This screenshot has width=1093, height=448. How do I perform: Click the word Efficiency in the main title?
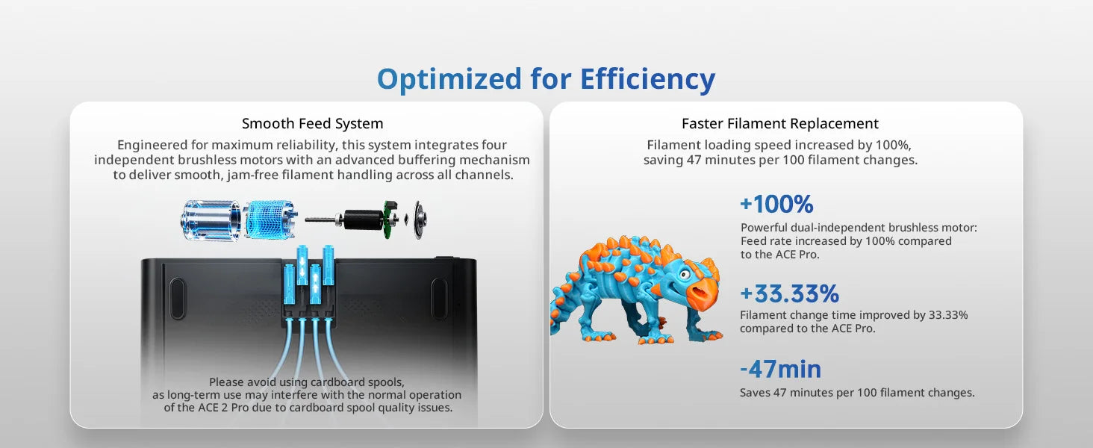647,78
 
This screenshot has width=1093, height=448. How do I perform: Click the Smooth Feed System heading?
312,123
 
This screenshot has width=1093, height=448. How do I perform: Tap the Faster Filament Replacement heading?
779,123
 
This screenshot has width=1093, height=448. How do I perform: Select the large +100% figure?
776,204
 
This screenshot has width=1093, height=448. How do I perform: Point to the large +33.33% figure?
789,293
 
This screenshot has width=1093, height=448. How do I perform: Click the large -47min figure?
780,369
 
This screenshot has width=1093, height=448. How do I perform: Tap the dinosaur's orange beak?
702,292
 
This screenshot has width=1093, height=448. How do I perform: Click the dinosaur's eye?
685,274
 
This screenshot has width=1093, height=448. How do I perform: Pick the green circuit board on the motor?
390,220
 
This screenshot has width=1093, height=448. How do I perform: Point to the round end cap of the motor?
419,220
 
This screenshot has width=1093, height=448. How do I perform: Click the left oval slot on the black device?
177,299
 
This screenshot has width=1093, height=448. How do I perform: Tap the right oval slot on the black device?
439,299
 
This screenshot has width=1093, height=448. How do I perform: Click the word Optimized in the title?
449,80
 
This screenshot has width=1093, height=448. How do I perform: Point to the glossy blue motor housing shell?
211,220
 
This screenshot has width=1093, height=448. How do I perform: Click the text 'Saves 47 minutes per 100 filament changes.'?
857,392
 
